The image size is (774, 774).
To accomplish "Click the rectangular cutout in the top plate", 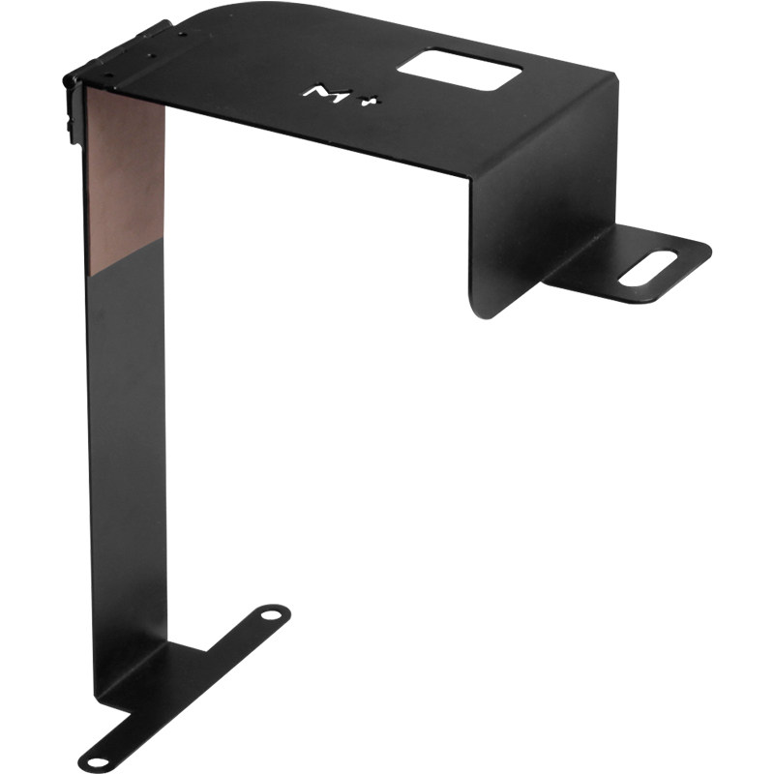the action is pyautogui.click(x=459, y=69).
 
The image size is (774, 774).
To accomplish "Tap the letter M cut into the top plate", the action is pyautogui.click(x=327, y=93).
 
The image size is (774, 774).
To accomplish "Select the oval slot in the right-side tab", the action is pyautogui.click(x=647, y=268).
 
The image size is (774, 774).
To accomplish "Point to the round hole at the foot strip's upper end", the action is pyautogui.click(x=271, y=615).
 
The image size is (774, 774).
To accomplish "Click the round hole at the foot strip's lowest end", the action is pyautogui.click(x=98, y=763).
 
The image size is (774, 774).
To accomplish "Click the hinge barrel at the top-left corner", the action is pyautogui.click(x=118, y=52).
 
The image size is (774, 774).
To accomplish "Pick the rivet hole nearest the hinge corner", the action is pyautogui.click(x=109, y=75).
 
